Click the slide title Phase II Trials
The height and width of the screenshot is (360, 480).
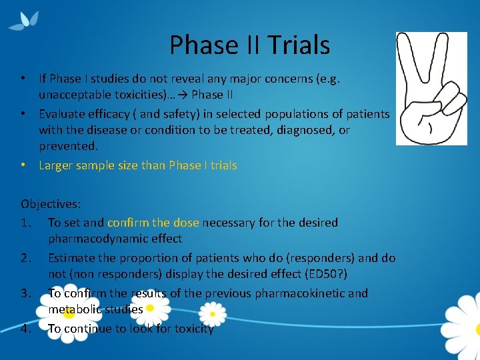point(249,45)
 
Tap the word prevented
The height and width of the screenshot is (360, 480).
point(67,146)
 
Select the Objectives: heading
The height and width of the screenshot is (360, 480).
point(51,205)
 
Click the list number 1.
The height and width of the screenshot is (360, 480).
point(25,222)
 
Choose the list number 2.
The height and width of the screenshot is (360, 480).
point(25,257)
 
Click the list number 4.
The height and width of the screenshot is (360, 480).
point(25,328)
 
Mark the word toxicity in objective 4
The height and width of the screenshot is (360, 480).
point(191,328)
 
